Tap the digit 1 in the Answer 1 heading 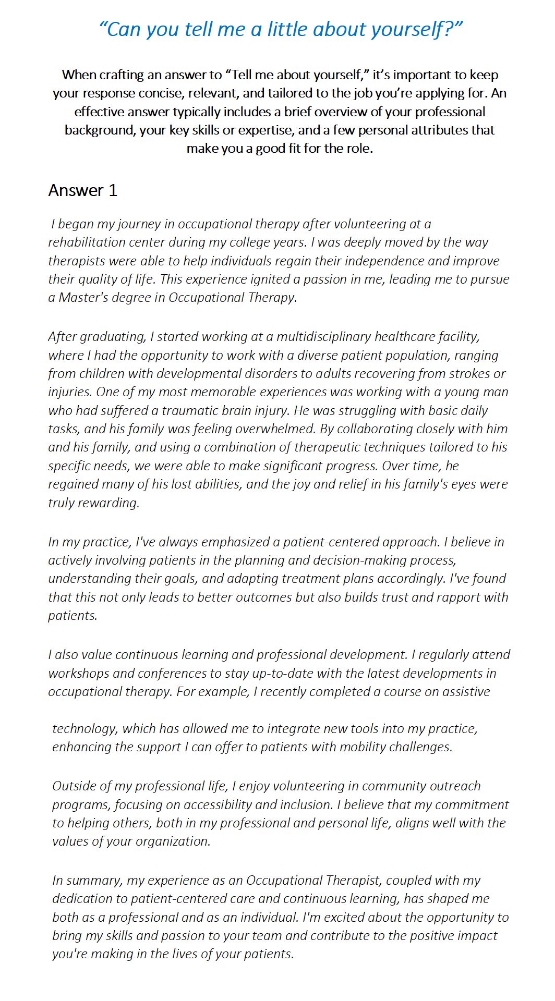pyautogui.click(x=113, y=191)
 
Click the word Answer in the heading pyautogui.click(x=76, y=191)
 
